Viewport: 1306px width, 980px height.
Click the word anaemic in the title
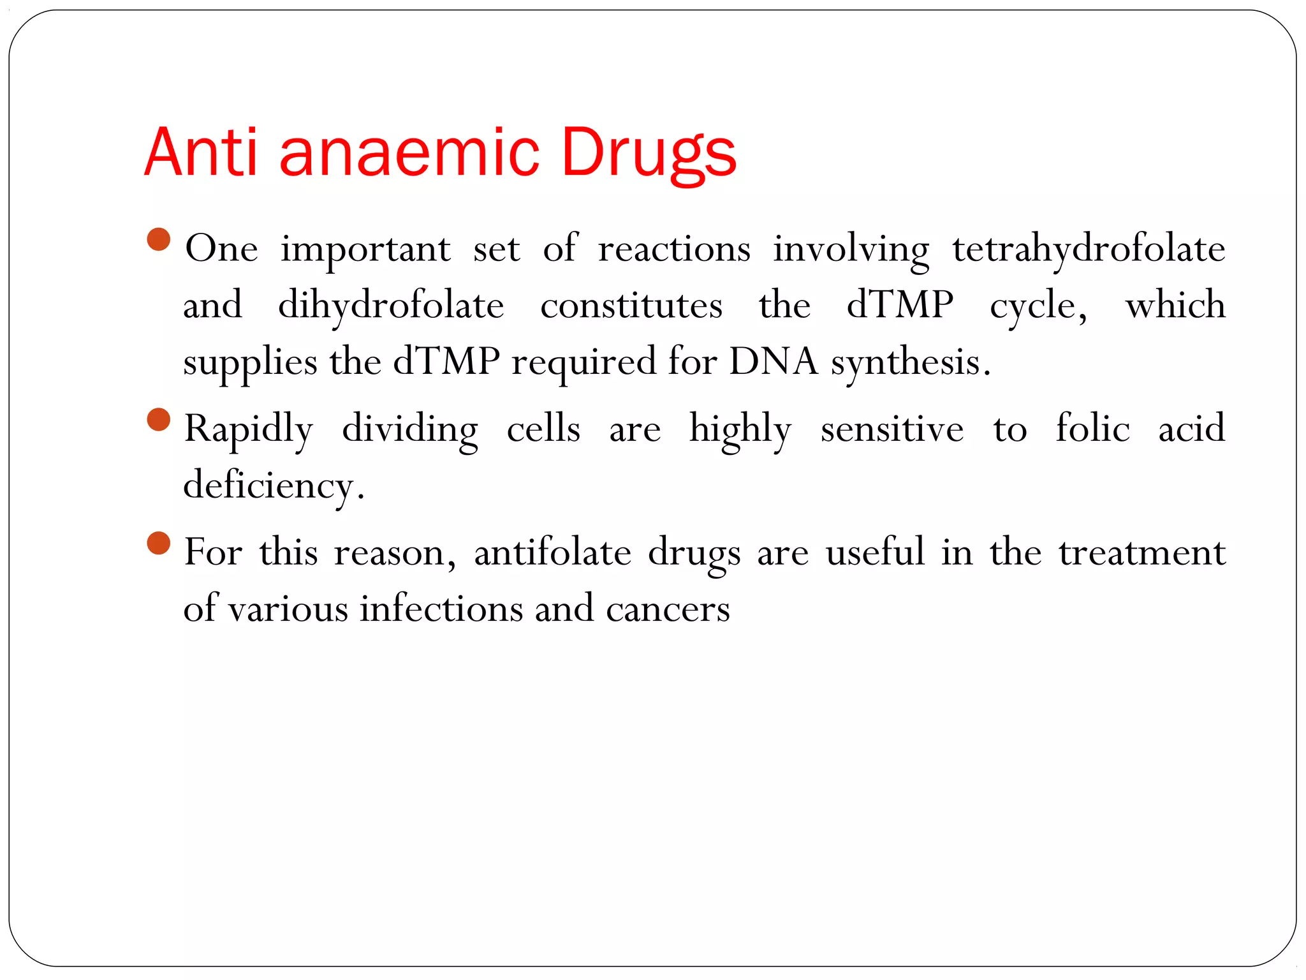[x=409, y=153]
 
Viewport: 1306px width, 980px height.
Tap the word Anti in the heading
[x=200, y=153]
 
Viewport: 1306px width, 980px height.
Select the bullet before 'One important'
[x=159, y=240]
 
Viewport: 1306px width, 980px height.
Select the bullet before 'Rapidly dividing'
[x=159, y=420]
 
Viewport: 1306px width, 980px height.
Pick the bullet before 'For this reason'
[x=159, y=544]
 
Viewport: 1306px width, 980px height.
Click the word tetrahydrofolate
[x=1089, y=249]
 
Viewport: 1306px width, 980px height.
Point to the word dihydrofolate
[x=391, y=305]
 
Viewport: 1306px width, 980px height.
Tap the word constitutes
[x=631, y=305]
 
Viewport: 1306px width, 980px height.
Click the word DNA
[x=773, y=362]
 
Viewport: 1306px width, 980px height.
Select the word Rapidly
[x=249, y=429]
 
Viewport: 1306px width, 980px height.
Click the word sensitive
[x=891, y=429]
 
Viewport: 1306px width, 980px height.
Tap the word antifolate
[x=552, y=552]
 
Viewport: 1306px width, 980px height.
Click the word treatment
[x=1141, y=552]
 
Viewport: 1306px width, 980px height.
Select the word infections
[x=441, y=608]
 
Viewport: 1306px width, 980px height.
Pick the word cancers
[x=667, y=609]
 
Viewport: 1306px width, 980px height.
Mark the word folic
[x=1092, y=427]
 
